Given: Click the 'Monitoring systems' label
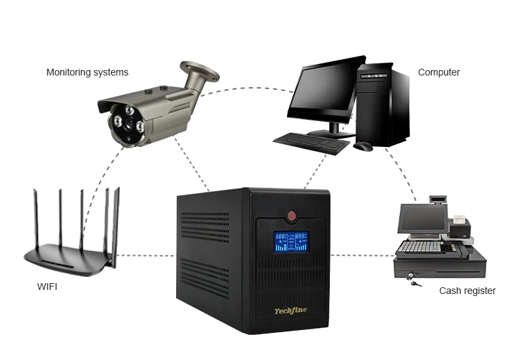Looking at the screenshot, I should coord(87,72).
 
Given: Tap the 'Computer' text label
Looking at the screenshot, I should coord(439,72).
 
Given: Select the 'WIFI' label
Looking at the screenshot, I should coord(47,287).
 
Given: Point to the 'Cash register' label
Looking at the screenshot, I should coord(467,291).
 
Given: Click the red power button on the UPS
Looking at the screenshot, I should coord(292,216).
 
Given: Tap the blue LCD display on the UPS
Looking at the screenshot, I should coord(290,242).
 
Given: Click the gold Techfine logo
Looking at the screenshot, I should coord(290,311).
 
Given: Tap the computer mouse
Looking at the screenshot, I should coord(363,146).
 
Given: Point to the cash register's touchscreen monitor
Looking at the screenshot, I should coord(421,218).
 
